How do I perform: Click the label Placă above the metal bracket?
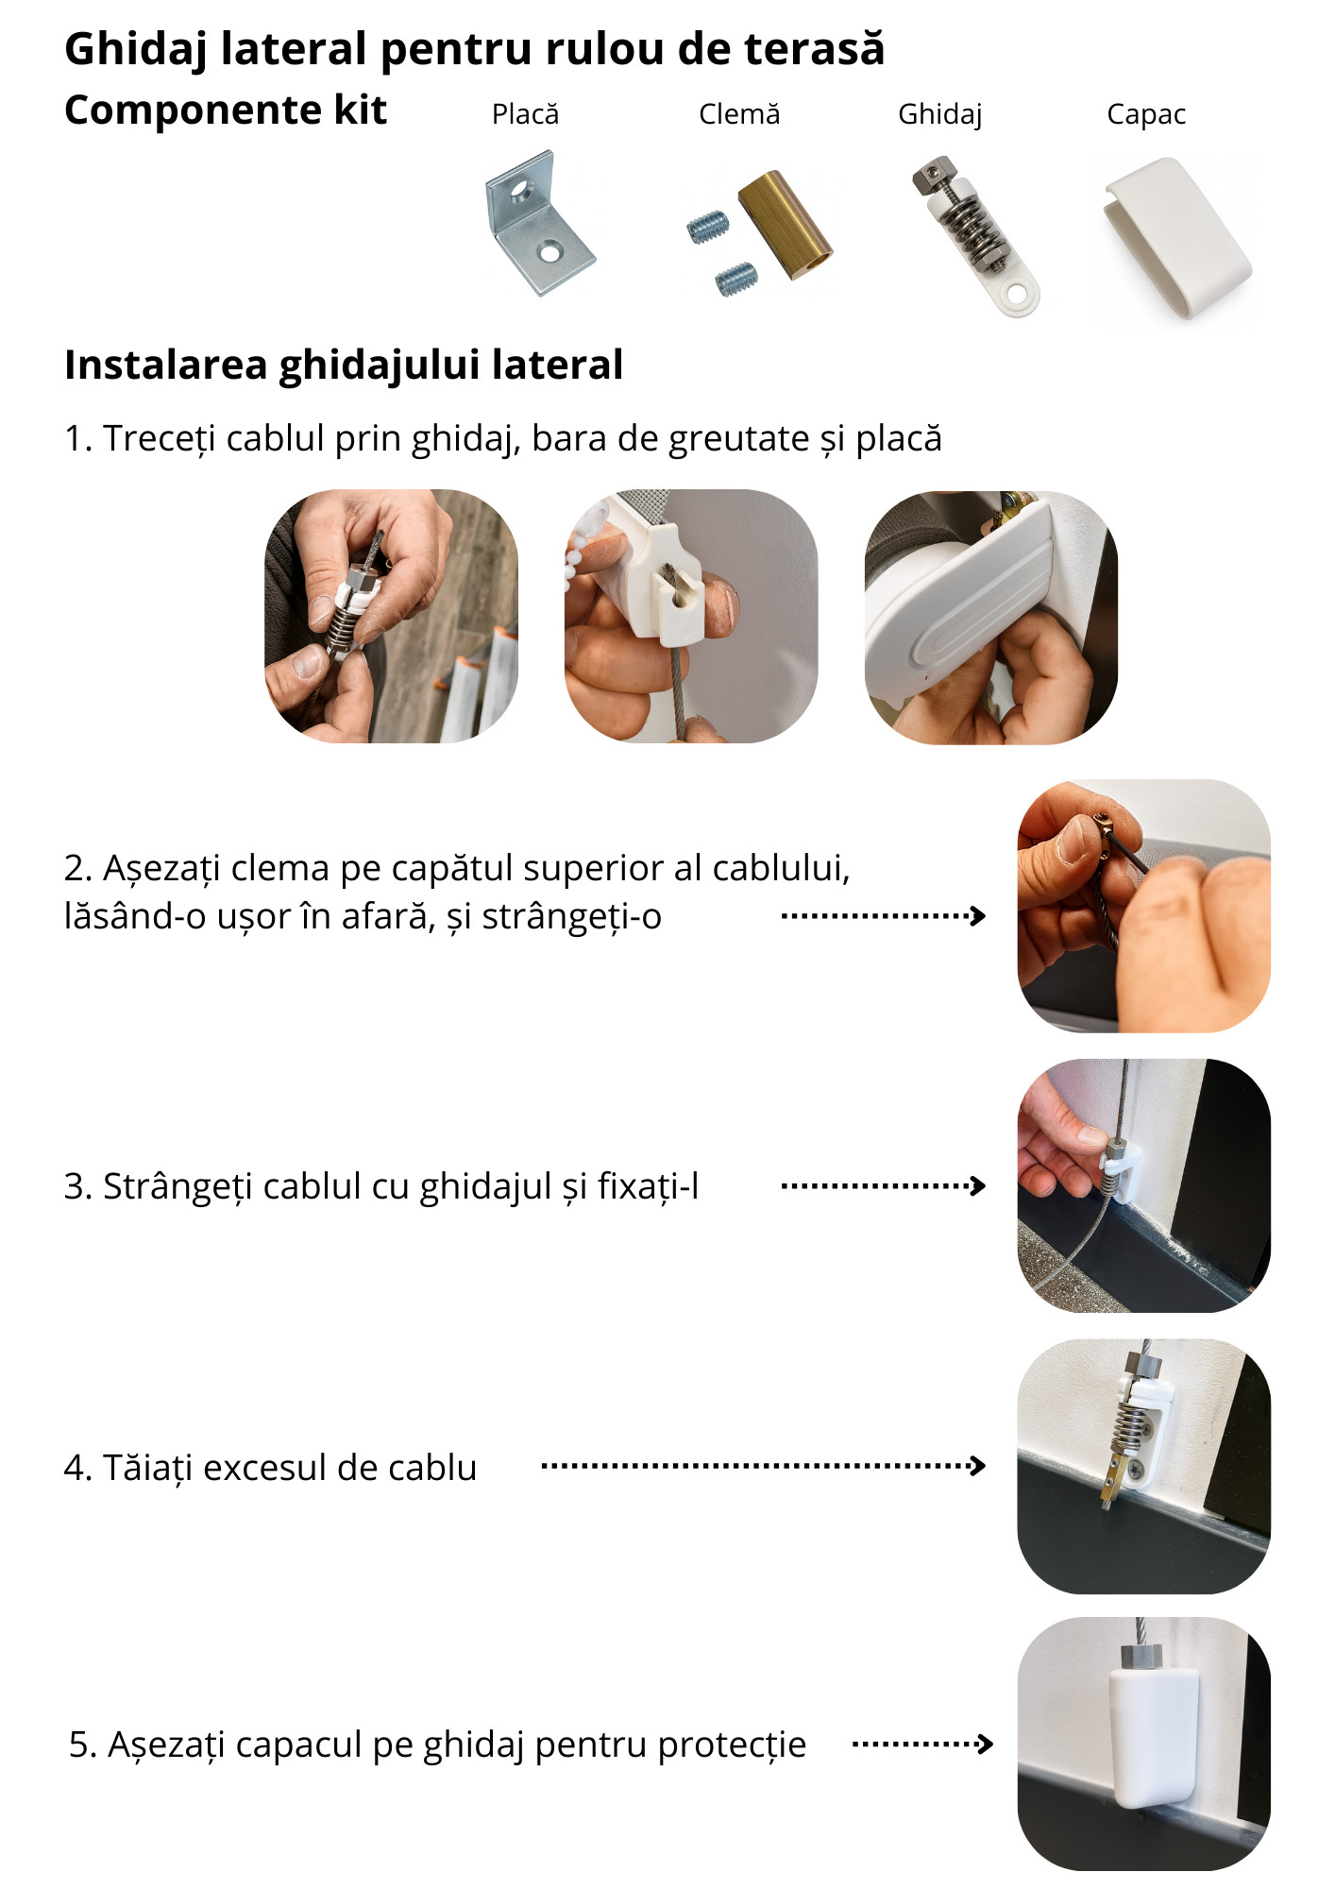(525, 114)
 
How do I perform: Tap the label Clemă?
(739, 114)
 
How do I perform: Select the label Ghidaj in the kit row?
(939, 115)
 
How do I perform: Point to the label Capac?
(1146, 115)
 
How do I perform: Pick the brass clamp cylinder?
(785, 225)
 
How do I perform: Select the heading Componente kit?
(226, 111)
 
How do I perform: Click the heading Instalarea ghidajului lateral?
(344, 366)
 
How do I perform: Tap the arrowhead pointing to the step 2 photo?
(979, 915)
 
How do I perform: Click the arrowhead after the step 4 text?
(979, 1466)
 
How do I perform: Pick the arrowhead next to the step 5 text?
(985, 1744)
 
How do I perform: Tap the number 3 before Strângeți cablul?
(74, 1186)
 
